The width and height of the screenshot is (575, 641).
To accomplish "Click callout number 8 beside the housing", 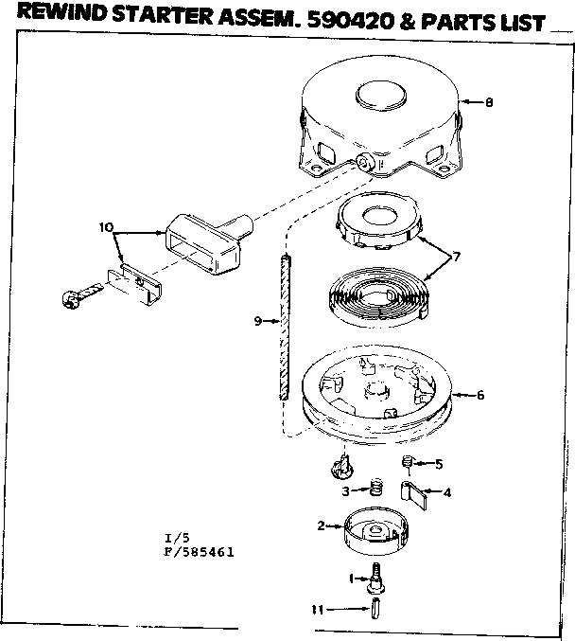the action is (489, 102).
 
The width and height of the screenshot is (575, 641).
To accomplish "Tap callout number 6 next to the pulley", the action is (480, 395).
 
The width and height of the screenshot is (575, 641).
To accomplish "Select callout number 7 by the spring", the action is (456, 257).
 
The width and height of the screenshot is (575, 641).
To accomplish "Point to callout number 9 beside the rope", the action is (257, 321).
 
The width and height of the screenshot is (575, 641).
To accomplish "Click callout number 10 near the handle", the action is (106, 227).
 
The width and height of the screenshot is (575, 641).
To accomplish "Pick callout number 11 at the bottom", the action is (318, 610).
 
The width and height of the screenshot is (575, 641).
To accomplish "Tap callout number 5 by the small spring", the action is (439, 464).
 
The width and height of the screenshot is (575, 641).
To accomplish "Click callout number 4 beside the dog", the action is (447, 492).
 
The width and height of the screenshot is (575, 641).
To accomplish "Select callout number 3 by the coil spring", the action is (345, 491).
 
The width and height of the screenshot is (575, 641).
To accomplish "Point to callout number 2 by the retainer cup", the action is (322, 525).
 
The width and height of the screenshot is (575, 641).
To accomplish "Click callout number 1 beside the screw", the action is (351, 579).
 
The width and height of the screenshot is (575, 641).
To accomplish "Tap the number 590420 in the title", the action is (349, 21).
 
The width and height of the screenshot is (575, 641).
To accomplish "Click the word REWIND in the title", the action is (61, 13).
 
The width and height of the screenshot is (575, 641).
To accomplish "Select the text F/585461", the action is (199, 552).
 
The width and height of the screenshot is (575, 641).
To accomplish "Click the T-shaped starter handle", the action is (209, 242).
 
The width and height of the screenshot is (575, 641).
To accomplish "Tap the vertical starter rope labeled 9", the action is (285, 327).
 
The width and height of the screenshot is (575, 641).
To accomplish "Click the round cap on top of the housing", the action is (380, 97).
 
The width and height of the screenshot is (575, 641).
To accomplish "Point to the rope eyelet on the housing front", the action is (364, 163).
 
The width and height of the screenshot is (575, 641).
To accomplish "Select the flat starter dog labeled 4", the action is (413, 494).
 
